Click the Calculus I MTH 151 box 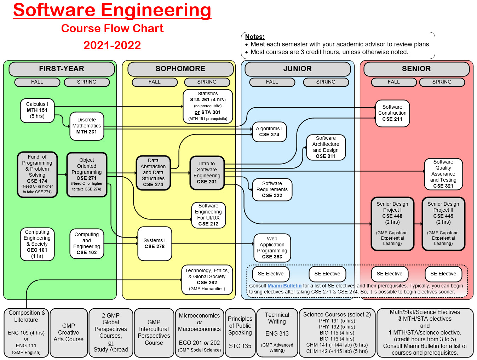click(37, 110)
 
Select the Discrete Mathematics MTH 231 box click(87, 126)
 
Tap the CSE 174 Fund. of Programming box click(37, 175)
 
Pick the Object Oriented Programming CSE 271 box click(87, 175)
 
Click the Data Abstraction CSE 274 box click(153, 173)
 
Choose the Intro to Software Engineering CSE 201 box click(207, 173)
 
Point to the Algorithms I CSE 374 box click(269, 132)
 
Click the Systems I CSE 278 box click(155, 244)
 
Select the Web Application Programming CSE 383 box click(272, 248)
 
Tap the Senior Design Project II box click(443, 224)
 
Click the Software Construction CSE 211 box click(392, 113)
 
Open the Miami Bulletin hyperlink click(285, 286)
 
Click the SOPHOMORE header click(180, 69)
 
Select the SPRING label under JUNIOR click(326, 82)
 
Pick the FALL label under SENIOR click(394, 82)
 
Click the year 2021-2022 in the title click(112, 45)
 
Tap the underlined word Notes click(255, 37)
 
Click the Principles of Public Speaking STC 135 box click(240, 332)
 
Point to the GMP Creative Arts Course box click(69, 332)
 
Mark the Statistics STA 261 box click(208, 106)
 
